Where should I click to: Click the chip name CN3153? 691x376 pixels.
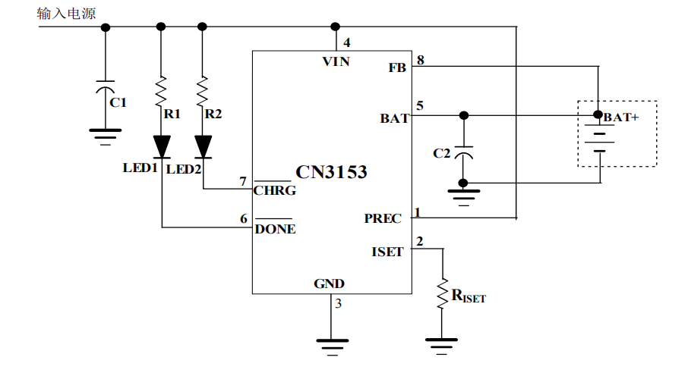click(x=331, y=172)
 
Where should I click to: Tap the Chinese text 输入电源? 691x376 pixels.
click(x=66, y=14)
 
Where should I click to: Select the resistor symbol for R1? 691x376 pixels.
click(x=161, y=92)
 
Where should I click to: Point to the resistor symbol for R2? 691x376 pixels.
click(x=202, y=92)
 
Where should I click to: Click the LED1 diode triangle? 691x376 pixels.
click(x=162, y=146)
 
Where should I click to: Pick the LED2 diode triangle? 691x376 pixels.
click(x=204, y=146)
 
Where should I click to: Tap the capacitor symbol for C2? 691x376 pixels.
click(x=463, y=152)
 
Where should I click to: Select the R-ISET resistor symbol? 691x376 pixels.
click(x=442, y=293)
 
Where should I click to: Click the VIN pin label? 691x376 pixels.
click(x=336, y=61)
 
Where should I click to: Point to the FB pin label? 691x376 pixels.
click(x=397, y=67)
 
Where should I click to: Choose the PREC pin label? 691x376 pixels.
click(x=383, y=218)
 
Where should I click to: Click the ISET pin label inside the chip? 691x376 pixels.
click(x=387, y=252)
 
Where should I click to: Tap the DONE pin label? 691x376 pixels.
click(x=275, y=229)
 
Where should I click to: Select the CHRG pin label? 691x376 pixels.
click(x=275, y=191)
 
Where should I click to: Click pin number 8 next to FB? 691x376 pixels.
click(x=421, y=60)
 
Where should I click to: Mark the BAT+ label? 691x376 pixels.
click(x=621, y=117)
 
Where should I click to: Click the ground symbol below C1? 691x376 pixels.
click(x=106, y=136)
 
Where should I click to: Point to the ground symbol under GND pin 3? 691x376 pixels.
click(x=333, y=347)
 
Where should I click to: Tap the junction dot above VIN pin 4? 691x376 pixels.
click(x=336, y=27)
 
